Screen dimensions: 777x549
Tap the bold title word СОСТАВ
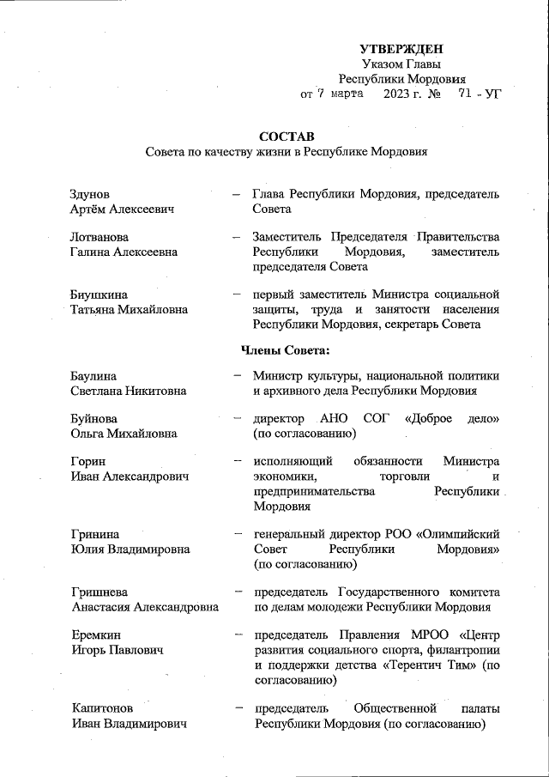287,137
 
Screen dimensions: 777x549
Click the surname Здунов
90,194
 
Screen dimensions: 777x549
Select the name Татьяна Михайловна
129,309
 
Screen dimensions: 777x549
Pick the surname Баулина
94,376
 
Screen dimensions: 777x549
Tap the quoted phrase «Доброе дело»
456,418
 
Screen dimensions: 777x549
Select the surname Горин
88,461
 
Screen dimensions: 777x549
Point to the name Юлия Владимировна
126,549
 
